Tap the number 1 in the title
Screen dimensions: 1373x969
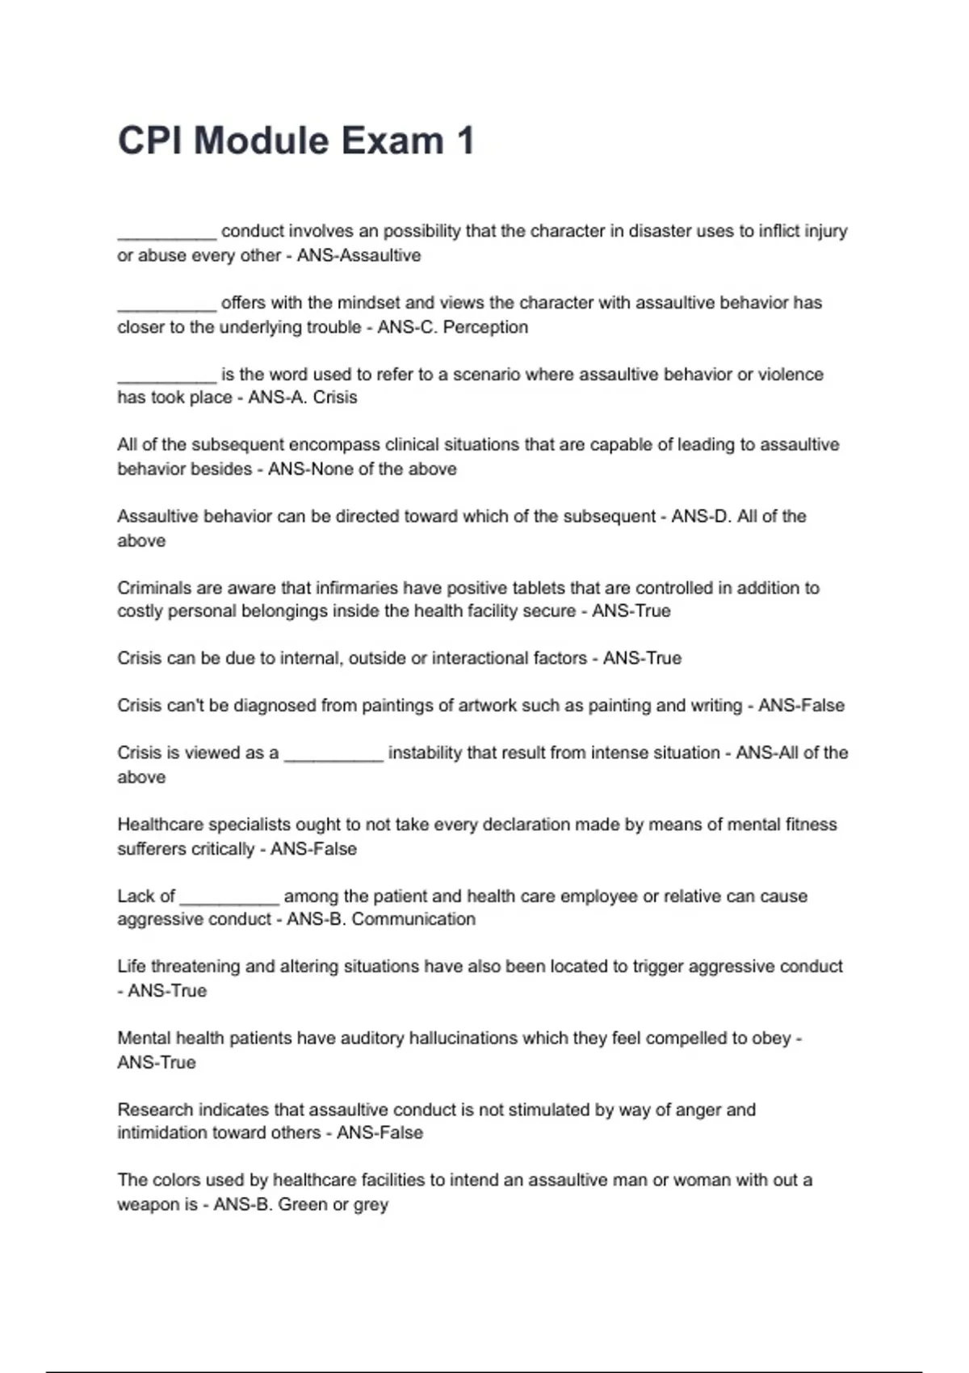point(464,141)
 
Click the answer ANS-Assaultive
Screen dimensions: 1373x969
point(359,255)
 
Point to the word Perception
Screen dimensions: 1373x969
point(485,327)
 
